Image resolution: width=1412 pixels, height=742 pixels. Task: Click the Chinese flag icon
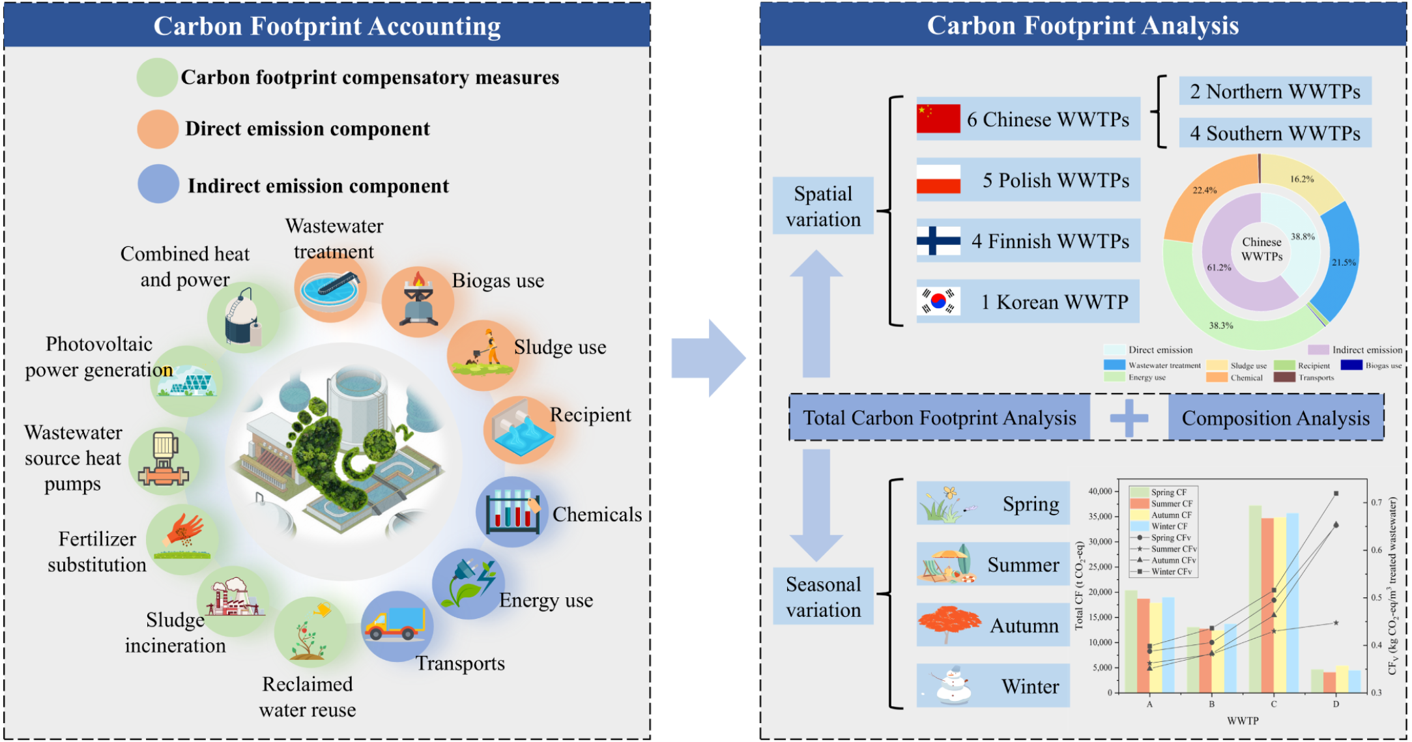[938, 119]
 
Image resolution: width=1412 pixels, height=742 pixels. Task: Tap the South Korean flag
[938, 301]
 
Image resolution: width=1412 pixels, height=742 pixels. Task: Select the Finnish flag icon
[938, 240]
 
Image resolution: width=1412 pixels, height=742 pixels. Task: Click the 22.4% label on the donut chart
[1204, 190]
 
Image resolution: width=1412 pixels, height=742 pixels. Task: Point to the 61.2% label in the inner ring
[1218, 267]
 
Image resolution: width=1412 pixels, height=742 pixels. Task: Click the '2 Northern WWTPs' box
[1275, 91]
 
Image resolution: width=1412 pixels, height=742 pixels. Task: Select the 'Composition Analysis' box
[1275, 418]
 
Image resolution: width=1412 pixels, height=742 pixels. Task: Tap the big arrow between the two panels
[708, 358]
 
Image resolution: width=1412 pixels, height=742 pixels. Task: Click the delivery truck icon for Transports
[396, 624]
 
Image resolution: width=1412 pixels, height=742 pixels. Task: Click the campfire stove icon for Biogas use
[418, 300]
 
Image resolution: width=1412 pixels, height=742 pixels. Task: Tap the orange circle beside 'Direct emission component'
[158, 129]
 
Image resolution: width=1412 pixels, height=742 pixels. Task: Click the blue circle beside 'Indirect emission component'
[158, 184]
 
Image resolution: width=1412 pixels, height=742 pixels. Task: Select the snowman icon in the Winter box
[953, 685]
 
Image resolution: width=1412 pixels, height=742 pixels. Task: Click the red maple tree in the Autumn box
[949, 623]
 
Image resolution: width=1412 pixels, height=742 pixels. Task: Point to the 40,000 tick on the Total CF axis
[1100, 491]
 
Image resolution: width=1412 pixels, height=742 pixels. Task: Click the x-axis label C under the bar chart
[1273, 704]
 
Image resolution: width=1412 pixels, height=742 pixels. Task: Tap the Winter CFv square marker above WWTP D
[1336, 493]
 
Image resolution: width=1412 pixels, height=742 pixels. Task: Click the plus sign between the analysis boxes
[1129, 418]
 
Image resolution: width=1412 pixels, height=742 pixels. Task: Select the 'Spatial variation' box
[823, 206]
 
